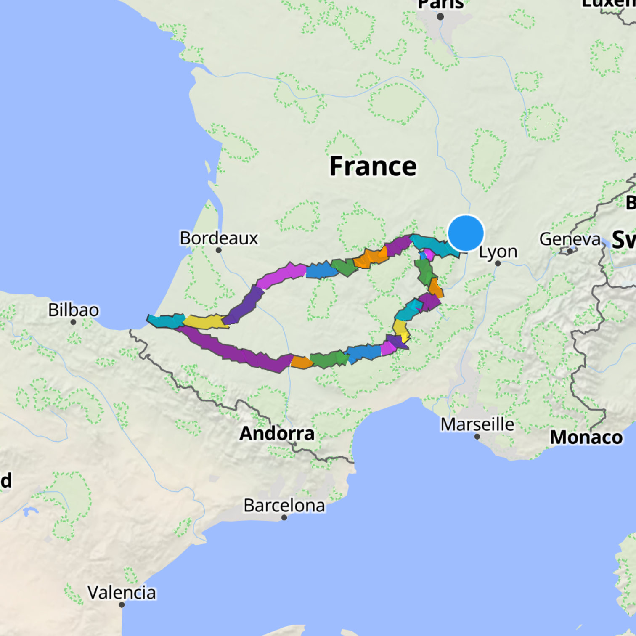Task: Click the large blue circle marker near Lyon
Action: point(466,233)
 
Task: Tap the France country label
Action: point(373,167)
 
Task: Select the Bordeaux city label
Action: point(219,238)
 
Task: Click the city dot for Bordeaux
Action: point(219,250)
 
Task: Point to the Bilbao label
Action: point(74,310)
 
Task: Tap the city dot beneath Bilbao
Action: point(73,322)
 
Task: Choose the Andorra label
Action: point(277,433)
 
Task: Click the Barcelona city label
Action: point(284,505)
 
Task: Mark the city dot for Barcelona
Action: point(284,517)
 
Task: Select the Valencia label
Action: point(122,592)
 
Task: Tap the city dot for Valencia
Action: point(122,604)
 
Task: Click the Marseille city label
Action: point(477,424)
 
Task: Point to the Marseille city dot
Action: point(477,437)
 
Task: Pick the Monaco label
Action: point(586,437)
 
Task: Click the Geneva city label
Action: point(570,239)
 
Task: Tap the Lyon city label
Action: point(498,252)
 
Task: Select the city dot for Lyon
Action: point(498,263)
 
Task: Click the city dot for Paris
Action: point(440,17)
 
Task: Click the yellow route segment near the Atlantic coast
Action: point(205,322)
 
